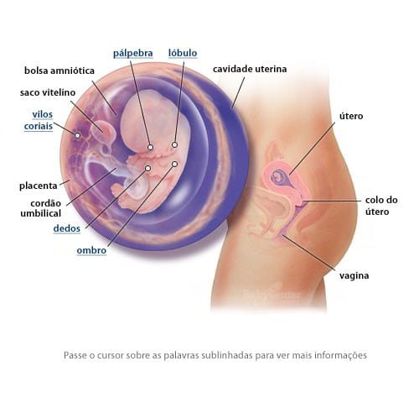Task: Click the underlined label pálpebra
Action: click(x=133, y=54)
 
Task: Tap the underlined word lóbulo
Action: click(x=183, y=53)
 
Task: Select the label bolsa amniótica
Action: click(x=59, y=71)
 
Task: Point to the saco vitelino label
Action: click(x=48, y=92)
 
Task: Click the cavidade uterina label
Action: click(x=250, y=69)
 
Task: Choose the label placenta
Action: click(x=39, y=186)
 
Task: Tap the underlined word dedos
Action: click(x=67, y=228)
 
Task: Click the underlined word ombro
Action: click(x=91, y=250)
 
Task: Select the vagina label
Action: click(x=354, y=276)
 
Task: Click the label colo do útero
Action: click(x=381, y=206)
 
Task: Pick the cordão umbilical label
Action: click(x=41, y=208)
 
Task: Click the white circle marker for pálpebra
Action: click(x=150, y=147)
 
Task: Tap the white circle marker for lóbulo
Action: click(x=174, y=144)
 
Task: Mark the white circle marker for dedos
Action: click(x=148, y=168)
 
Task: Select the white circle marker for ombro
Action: click(x=174, y=164)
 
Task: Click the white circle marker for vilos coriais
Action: click(x=77, y=135)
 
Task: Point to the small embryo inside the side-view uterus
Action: click(x=277, y=176)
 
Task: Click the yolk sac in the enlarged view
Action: click(x=104, y=130)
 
